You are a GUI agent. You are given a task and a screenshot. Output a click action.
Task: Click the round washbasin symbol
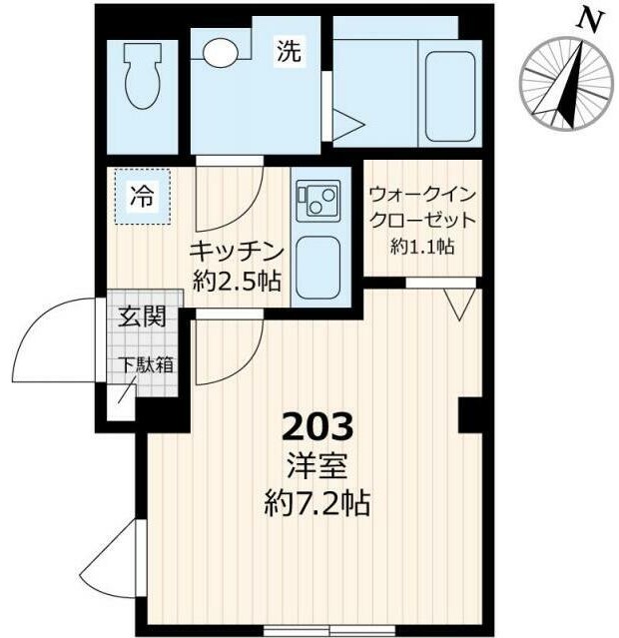tap(217, 50)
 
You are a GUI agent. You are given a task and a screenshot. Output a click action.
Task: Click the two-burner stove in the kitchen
tap(318, 200)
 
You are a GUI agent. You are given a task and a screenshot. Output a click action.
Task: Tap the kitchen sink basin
tap(319, 266)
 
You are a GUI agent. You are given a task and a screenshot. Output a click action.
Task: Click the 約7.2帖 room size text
tap(317, 504)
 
